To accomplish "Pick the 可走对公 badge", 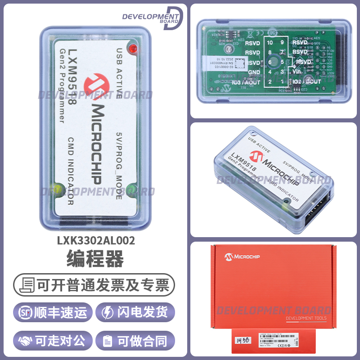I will [54, 341].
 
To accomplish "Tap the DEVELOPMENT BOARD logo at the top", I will [153, 17].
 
